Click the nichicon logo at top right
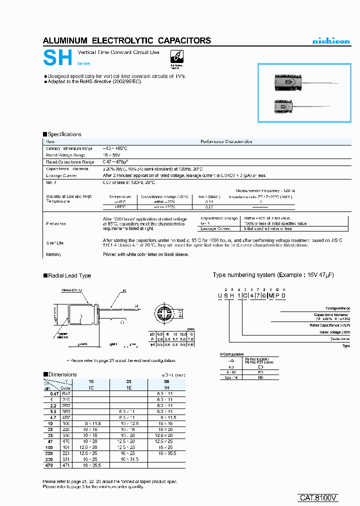(331, 41)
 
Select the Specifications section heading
(64, 134)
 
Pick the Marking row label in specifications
(54, 254)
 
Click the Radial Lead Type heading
(69, 275)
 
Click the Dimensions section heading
(62, 374)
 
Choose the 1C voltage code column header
(91, 387)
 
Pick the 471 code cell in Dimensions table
(66, 465)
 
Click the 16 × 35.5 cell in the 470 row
(91, 465)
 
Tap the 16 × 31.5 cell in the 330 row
(129, 458)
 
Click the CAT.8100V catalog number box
(318, 498)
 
